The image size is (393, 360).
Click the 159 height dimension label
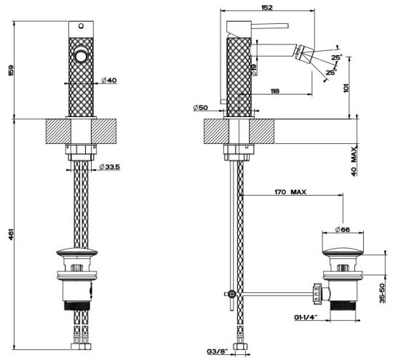pos(11,71)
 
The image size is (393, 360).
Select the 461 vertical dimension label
pos(11,234)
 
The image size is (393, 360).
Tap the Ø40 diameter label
pos(109,80)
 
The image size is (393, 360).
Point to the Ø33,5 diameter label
pos(110,167)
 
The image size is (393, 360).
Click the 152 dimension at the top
pos(267,7)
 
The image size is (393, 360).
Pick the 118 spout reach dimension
pos(275,91)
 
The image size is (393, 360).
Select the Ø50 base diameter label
pos(201,108)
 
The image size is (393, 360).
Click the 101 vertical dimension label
pos(346,88)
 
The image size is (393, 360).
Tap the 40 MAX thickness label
pos(354,161)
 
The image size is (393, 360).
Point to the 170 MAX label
pos(290,192)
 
